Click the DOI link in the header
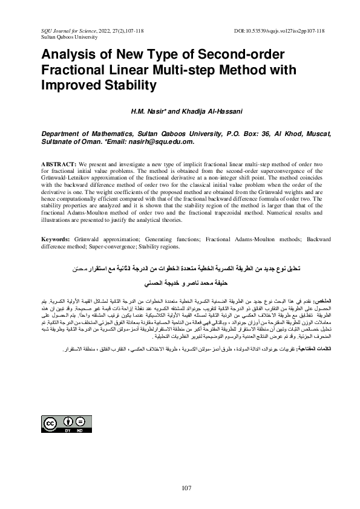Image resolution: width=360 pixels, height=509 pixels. pyautogui.click(x=279, y=30)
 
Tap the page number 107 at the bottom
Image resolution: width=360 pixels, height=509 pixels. pyautogui.click(x=186, y=488)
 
